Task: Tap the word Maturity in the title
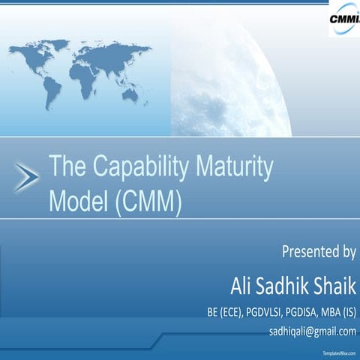click(232, 168)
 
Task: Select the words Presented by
click(318, 251)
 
